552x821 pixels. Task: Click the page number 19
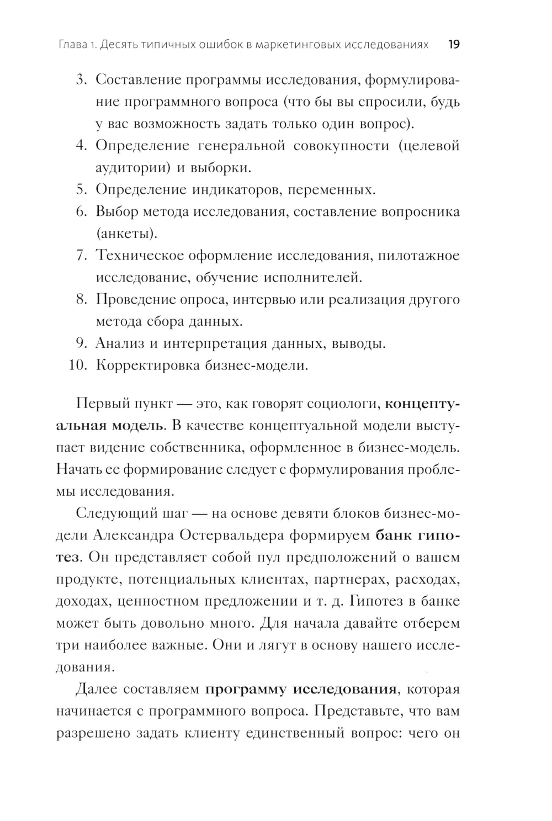point(453,45)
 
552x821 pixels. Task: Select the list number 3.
point(82,80)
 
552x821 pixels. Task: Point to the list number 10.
point(79,366)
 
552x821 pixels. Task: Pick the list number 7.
point(82,256)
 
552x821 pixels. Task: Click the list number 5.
point(82,189)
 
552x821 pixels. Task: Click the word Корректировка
point(147,366)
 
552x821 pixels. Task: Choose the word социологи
point(344,404)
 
